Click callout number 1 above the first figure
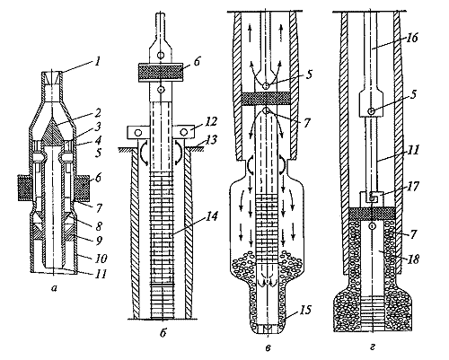click(96, 62)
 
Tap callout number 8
click(98, 225)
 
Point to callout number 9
click(99, 241)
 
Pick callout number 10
click(101, 258)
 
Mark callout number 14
click(212, 215)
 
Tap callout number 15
click(304, 310)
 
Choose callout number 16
click(412, 38)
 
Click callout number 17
click(412, 187)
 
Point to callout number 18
click(412, 259)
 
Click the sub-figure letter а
click(54, 288)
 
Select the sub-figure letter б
click(163, 332)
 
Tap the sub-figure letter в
click(269, 347)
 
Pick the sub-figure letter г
click(373, 347)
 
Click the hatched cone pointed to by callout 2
click(54, 132)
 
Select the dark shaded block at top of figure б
click(161, 72)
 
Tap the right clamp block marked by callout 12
click(184, 132)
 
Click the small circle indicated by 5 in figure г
click(371, 111)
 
